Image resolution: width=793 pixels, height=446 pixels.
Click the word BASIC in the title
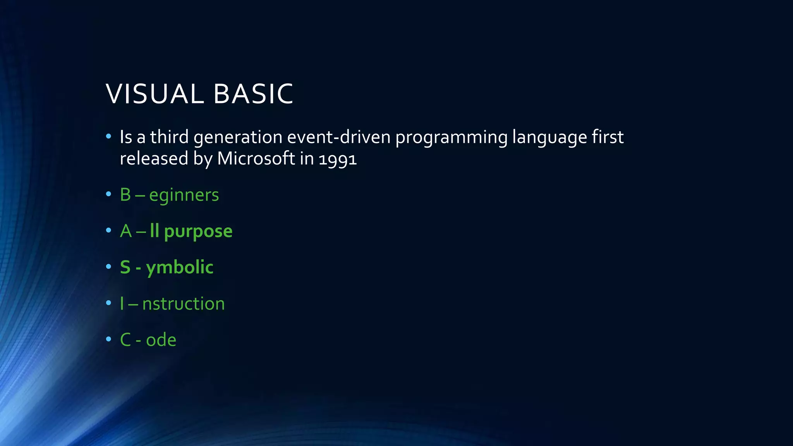click(x=253, y=94)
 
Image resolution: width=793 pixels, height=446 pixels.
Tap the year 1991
click(x=337, y=159)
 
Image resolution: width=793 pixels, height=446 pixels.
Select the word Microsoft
click(x=256, y=158)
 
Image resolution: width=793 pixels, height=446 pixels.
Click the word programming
click(x=451, y=138)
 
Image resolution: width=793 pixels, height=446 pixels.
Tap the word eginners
click(x=184, y=195)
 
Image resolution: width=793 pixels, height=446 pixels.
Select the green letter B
click(x=125, y=195)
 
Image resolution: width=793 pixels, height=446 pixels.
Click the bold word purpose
click(x=198, y=232)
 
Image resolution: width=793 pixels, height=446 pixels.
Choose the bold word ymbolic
click(x=180, y=268)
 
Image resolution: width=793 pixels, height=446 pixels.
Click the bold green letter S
click(x=125, y=267)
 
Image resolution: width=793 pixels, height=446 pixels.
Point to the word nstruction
click(x=183, y=304)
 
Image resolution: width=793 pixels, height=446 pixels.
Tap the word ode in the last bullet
click(x=161, y=340)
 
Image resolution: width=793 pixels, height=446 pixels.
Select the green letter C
click(x=125, y=340)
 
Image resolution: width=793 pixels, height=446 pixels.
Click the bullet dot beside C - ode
click(x=108, y=339)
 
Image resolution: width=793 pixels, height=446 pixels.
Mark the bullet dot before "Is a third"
click(x=108, y=136)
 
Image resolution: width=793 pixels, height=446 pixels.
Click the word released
click(x=154, y=158)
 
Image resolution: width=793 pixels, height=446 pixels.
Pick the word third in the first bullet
click(x=169, y=137)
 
